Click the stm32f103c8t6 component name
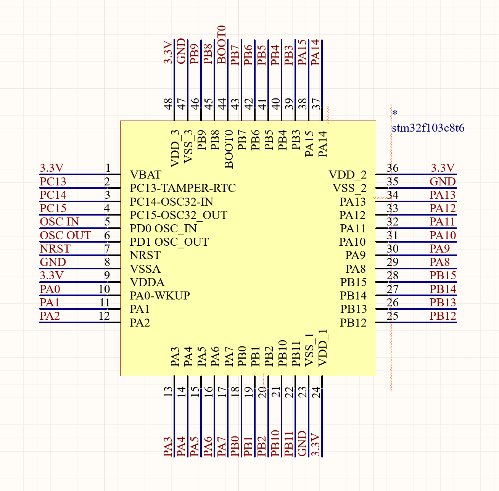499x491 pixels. tap(428, 128)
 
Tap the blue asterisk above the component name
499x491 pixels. tap(395, 113)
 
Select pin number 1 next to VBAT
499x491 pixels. tap(108, 168)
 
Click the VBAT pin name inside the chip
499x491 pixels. tap(145, 175)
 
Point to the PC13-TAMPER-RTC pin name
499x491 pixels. tap(183, 188)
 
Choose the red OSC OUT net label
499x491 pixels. tap(65, 235)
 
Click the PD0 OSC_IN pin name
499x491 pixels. tap(163, 229)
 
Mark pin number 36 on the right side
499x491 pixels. tap(393, 168)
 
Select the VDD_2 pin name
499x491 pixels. tap(348, 175)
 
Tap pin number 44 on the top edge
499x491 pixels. tap(222, 104)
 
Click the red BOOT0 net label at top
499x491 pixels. tap(222, 45)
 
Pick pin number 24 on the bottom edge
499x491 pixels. tap(316, 392)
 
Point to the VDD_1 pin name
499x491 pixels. tap(322, 348)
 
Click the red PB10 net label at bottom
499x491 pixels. tap(275, 443)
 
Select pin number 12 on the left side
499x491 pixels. tap(104, 316)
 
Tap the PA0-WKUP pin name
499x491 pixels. tap(159, 296)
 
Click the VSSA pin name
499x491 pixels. tap(145, 269)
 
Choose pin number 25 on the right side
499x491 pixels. tap(393, 316)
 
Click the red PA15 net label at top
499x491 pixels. tap(302, 53)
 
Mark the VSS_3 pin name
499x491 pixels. tap(188, 147)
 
